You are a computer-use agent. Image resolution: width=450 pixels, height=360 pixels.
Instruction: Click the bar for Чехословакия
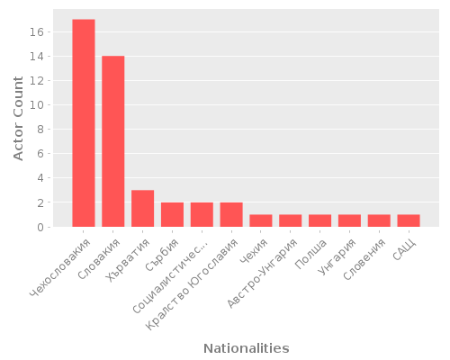pyautogui.click(x=84, y=123)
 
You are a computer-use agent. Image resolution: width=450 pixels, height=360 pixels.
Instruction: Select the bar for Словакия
pyautogui.click(x=113, y=141)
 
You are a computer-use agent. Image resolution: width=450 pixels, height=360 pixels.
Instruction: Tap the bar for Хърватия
pyautogui.click(x=142, y=209)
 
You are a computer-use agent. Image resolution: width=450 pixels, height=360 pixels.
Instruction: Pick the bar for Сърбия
pyautogui.click(x=172, y=215)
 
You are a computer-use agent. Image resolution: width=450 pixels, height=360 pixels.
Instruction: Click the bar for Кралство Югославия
pyautogui.click(x=231, y=215)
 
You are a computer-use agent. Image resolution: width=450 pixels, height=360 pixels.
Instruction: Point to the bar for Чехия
pyautogui.click(x=261, y=220)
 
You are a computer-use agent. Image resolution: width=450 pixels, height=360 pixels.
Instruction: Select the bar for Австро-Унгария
pyautogui.click(x=291, y=220)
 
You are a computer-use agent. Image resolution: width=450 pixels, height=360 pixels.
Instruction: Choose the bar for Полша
pyautogui.click(x=319, y=220)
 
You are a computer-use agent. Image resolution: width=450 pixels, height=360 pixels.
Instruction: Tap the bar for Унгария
pyautogui.click(x=349, y=220)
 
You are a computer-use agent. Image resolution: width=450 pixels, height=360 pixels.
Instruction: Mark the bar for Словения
pyautogui.click(x=379, y=220)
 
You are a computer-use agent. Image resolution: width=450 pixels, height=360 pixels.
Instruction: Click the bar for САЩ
pyautogui.click(x=409, y=220)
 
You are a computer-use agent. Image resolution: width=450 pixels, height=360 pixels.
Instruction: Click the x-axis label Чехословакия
pyautogui.click(x=61, y=266)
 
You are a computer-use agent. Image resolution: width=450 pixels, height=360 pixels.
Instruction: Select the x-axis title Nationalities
pyautogui.click(x=246, y=347)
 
